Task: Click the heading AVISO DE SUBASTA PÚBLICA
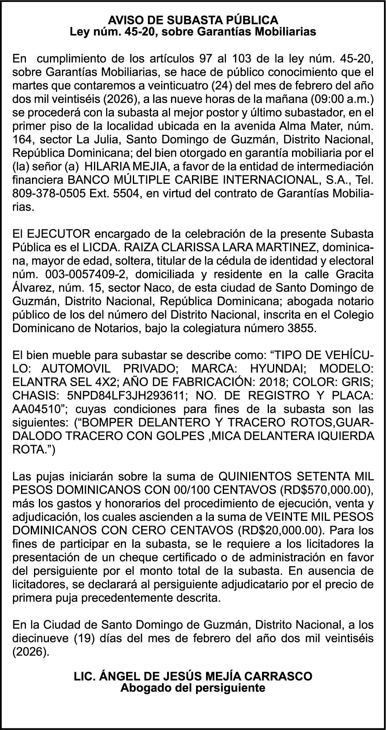point(193,20)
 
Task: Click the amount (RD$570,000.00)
point(326,490)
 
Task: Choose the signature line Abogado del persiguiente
point(193,688)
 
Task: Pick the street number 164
point(23,139)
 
